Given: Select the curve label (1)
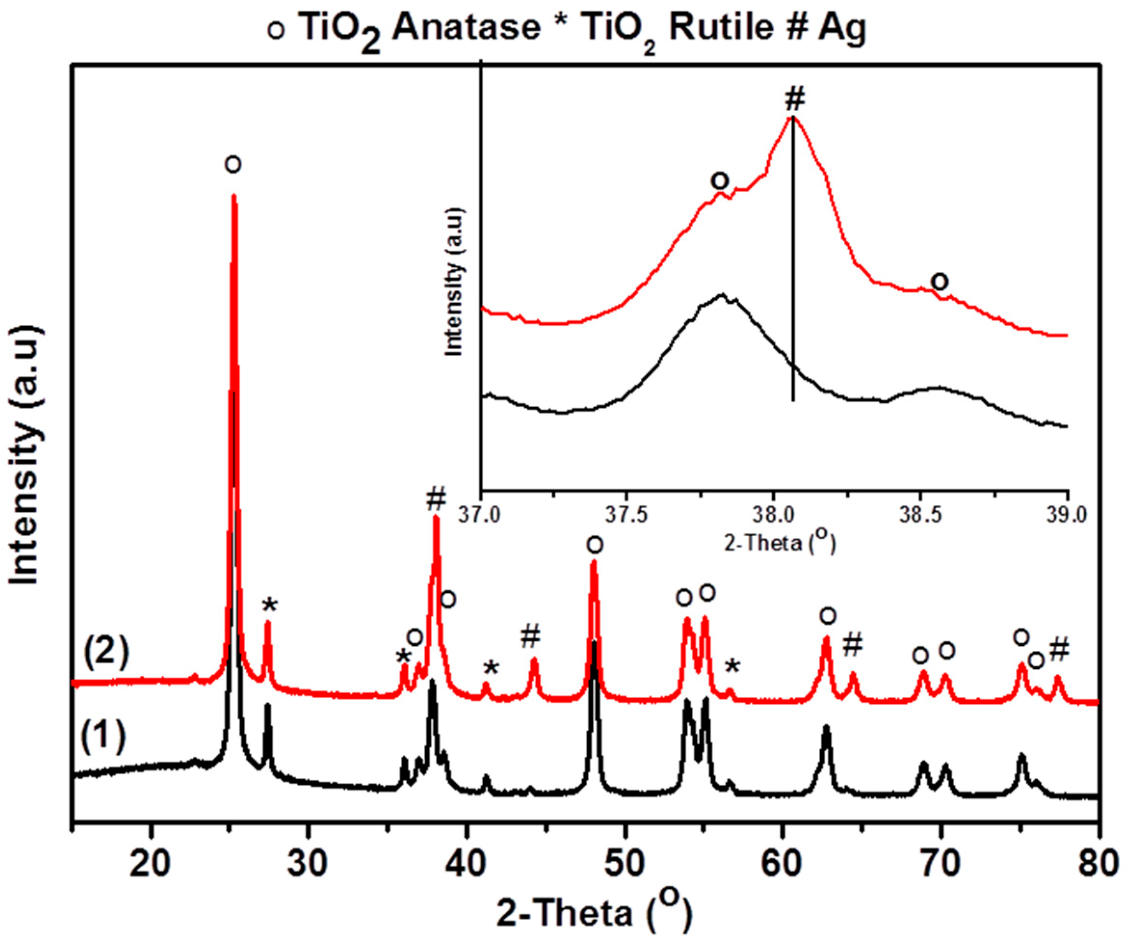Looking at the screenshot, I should click(x=103, y=738).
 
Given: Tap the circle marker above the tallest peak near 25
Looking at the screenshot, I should click(x=233, y=164).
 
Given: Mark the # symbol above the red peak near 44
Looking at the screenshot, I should click(x=530, y=636).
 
